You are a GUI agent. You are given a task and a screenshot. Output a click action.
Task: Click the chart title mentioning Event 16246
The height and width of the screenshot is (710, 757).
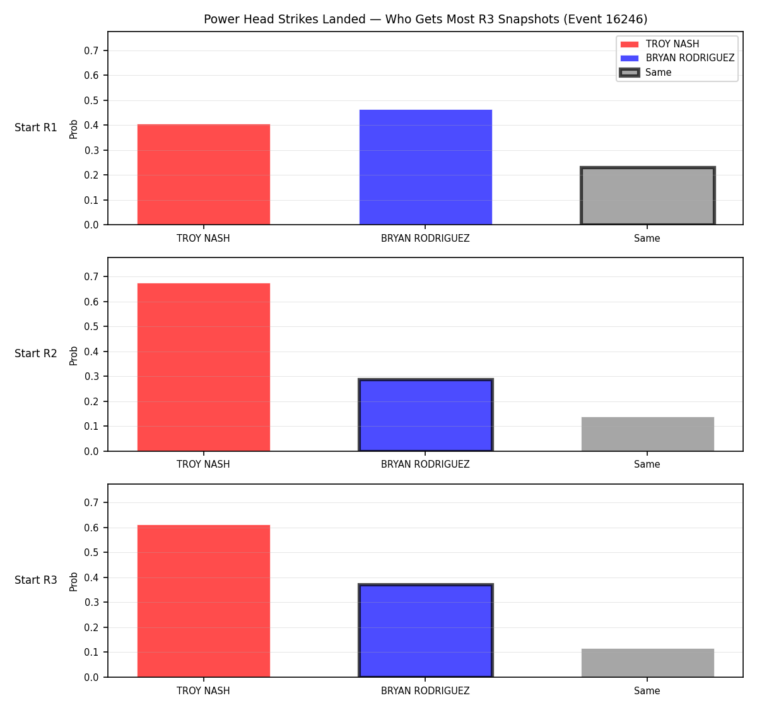pyautogui.click(x=425, y=19)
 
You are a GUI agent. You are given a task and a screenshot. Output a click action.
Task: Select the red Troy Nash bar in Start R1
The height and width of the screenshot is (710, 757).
pyautogui.click(x=204, y=174)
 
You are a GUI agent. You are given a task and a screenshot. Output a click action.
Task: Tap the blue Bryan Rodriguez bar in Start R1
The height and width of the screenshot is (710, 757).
pyautogui.click(x=425, y=167)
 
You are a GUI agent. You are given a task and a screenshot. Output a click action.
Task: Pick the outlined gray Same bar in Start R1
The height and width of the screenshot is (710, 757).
pyautogui.click(x=647, y=196)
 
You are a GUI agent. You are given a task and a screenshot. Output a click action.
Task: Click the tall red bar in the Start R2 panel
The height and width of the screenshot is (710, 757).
pyautogui.click(x=204, y=367)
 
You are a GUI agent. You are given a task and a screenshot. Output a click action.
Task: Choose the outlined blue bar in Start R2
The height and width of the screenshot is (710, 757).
pyautogui.click(x=425, y=415)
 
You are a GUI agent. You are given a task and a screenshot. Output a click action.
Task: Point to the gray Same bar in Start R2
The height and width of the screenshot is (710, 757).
pyautogui.click(x=647, y=434)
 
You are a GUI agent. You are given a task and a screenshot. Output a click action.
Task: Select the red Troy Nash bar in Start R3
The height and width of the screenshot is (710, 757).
pyautogui.click(x=204, y=601)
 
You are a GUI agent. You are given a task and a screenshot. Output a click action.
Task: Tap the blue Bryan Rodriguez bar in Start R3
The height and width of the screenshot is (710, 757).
pyautogui.click(x=425, y=630)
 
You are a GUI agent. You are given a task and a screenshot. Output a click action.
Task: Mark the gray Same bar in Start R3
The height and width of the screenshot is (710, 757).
pyautogui.click(x=647, y=663)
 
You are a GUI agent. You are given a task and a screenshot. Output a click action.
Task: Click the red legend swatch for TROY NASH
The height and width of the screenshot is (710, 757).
pyautogui.click(x=630, y=44)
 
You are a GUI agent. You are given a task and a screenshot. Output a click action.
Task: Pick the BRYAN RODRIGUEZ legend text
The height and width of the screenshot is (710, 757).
pyautogui.click(x=690, y=58)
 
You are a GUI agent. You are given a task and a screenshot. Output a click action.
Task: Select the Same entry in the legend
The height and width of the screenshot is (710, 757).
pyautogui.click(x=659, y=73)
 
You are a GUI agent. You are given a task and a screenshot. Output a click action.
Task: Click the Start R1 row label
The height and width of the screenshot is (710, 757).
pyautogui.click(x=36, y=127)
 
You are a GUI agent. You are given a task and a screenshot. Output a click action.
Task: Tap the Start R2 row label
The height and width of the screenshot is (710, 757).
pyautogui.click(x=36, y=353)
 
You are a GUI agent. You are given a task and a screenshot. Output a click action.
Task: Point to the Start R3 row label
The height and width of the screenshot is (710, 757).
pyautogui.click(x=36, y=580)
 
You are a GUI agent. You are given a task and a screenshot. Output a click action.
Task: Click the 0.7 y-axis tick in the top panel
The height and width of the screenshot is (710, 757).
pyautogui.click(x=91, y=50)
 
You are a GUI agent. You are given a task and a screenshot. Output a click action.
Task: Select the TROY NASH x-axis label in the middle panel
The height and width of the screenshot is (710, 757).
pyautogui.click(x=203, y=464)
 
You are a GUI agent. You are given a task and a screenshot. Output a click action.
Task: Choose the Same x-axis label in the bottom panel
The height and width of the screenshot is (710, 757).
pyautogui.click(x=647, y=691)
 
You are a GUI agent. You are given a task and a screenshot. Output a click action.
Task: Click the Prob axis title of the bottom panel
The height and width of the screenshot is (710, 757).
pyautogui.click(x=74, y=582)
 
